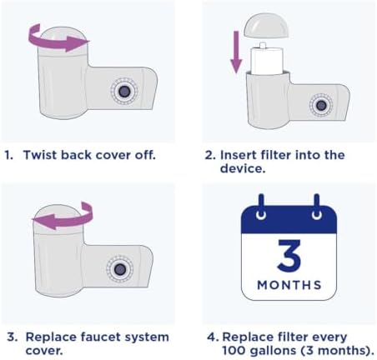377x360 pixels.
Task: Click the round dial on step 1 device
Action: click(123, 89)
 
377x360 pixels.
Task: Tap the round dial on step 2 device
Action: click(319, 104)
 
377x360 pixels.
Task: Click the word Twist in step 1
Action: click(41, 155)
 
